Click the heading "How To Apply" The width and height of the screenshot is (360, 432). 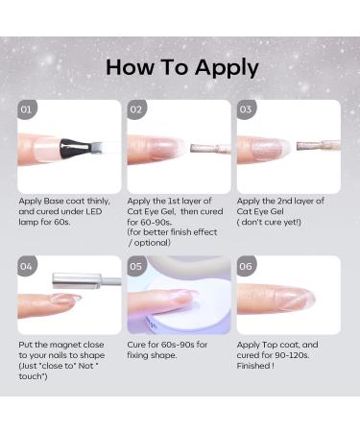point(181,67)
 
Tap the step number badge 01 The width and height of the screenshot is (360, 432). point(28,109)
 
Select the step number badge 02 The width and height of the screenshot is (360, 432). point(137,109)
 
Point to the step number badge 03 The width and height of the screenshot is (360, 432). point(247,109)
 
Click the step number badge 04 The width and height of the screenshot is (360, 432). point(28,266)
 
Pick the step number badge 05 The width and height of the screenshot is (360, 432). point(137,266)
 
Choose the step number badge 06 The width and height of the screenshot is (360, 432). point(247,266)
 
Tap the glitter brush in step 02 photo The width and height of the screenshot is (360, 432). point(204,149)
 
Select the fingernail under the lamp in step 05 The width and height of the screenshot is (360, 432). point(179,298)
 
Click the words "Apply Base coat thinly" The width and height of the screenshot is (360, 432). point(60,202)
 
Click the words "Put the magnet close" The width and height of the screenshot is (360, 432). point(60,343)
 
